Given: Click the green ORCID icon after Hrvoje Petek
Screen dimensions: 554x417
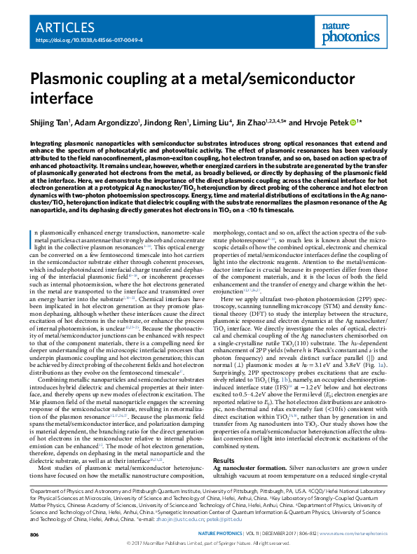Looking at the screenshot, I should pos(353,122).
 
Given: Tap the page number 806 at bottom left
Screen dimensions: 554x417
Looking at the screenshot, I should pos(34,534).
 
